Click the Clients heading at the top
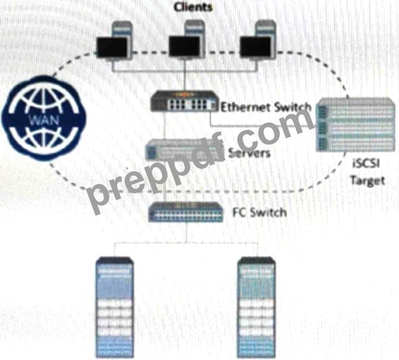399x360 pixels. pos(192,7)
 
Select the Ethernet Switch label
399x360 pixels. pos(265,108)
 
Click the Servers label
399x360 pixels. pos(249,153)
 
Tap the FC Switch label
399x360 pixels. pos(258,212)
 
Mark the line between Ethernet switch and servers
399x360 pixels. pos(165,126)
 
